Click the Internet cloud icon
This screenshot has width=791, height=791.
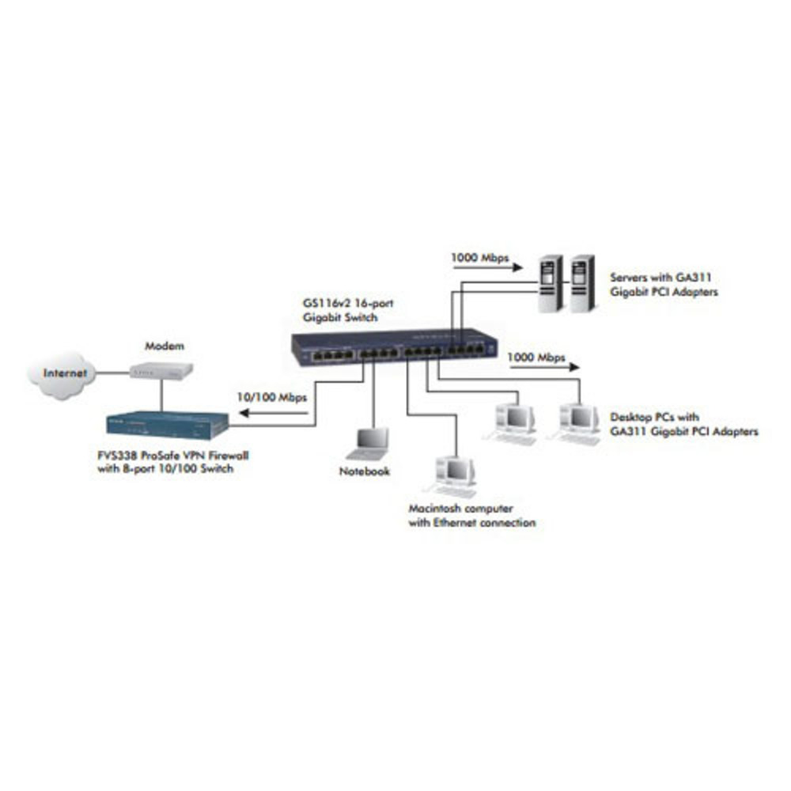62,374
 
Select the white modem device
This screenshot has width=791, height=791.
161,371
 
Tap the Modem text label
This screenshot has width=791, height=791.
165,346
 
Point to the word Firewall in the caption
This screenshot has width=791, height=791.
229,455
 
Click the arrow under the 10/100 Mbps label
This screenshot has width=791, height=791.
273,413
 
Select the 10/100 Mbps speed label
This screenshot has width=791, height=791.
272,398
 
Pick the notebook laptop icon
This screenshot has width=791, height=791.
369,444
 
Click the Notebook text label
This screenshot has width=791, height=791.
364,471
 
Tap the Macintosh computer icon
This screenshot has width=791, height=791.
451,477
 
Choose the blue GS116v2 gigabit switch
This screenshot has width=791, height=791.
394,346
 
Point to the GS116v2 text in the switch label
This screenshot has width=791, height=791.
326,303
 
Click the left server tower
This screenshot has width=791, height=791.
550,283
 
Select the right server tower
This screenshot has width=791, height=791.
582,283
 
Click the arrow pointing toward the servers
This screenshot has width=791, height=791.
486,268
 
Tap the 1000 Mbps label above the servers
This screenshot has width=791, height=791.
480,258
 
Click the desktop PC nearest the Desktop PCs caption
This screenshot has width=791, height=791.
577,424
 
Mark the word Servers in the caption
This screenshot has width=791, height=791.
629,277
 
